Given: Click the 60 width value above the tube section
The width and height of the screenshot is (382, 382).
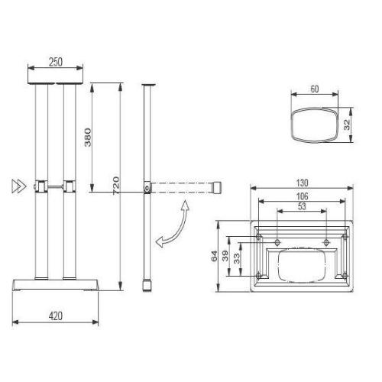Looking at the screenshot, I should point(313,89).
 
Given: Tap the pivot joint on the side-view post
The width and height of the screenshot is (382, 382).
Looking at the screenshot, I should point(146,186).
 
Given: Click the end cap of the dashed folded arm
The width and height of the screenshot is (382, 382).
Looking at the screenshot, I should point(219,186).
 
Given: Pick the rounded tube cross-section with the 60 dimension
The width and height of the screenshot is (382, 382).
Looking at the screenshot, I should point(313,124).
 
